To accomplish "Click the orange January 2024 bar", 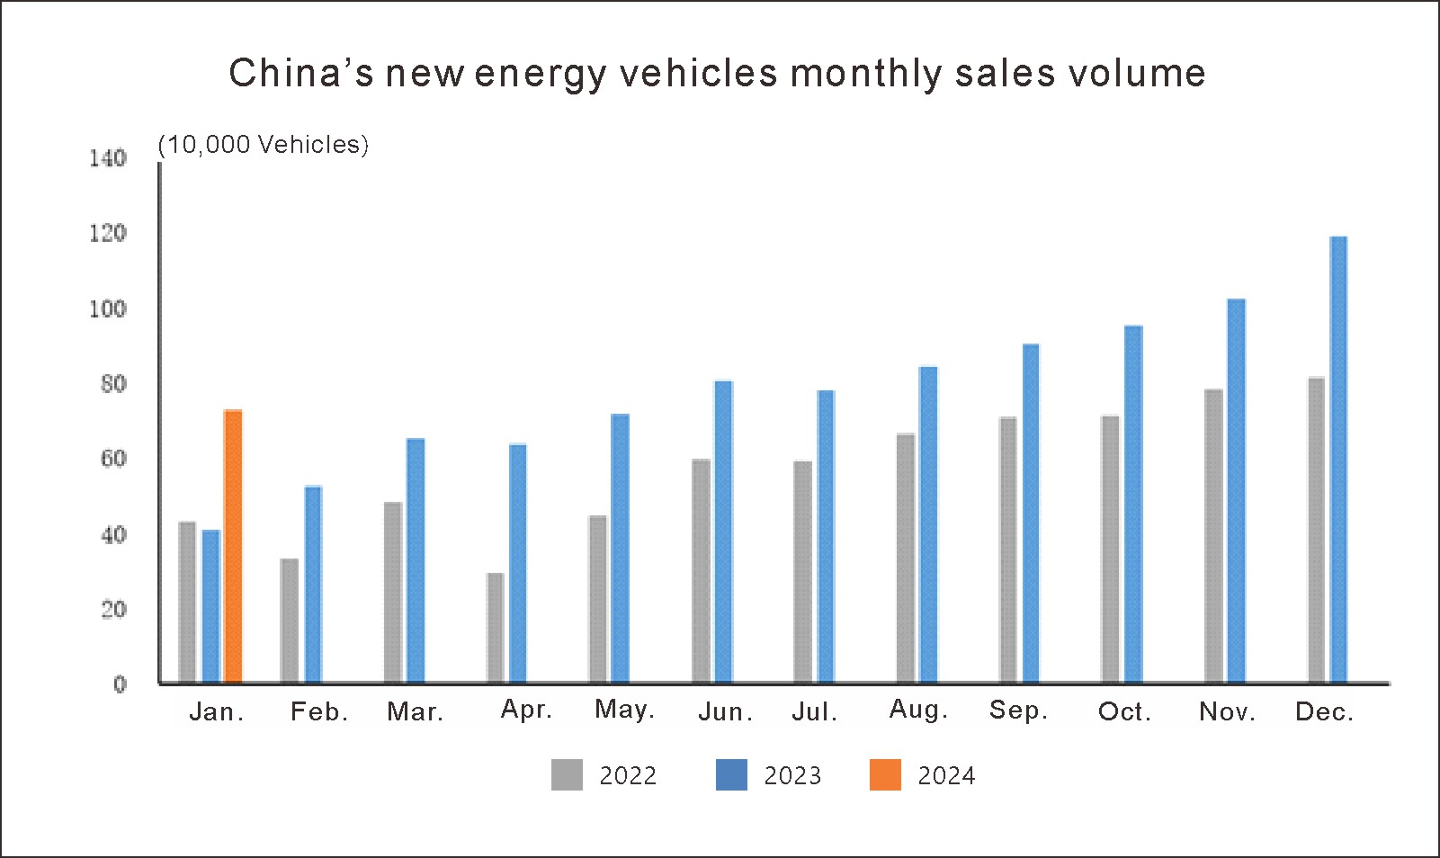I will (x=233, y=546).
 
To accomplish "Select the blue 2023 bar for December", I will (x=1338, y=459).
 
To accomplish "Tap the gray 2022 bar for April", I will (x=495, y=627).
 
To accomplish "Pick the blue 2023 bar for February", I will (x=313, y=584).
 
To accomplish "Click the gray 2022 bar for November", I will (x=1213, y=535).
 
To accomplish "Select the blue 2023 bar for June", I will (x=723, y=532).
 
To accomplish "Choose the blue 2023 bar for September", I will (x=1031, y=513).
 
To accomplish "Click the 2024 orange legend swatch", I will (x=885, y=775).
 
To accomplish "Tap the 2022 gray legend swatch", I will (x=567, y=775).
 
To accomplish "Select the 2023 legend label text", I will (x=792, y=776).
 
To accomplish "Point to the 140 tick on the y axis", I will (x=108, y=158).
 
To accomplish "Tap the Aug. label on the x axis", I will (x=918, y=710).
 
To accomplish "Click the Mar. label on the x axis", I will (x=416, y=712).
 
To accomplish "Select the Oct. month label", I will (x=1124, y=712).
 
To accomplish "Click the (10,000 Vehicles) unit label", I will (x=264, y=145).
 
